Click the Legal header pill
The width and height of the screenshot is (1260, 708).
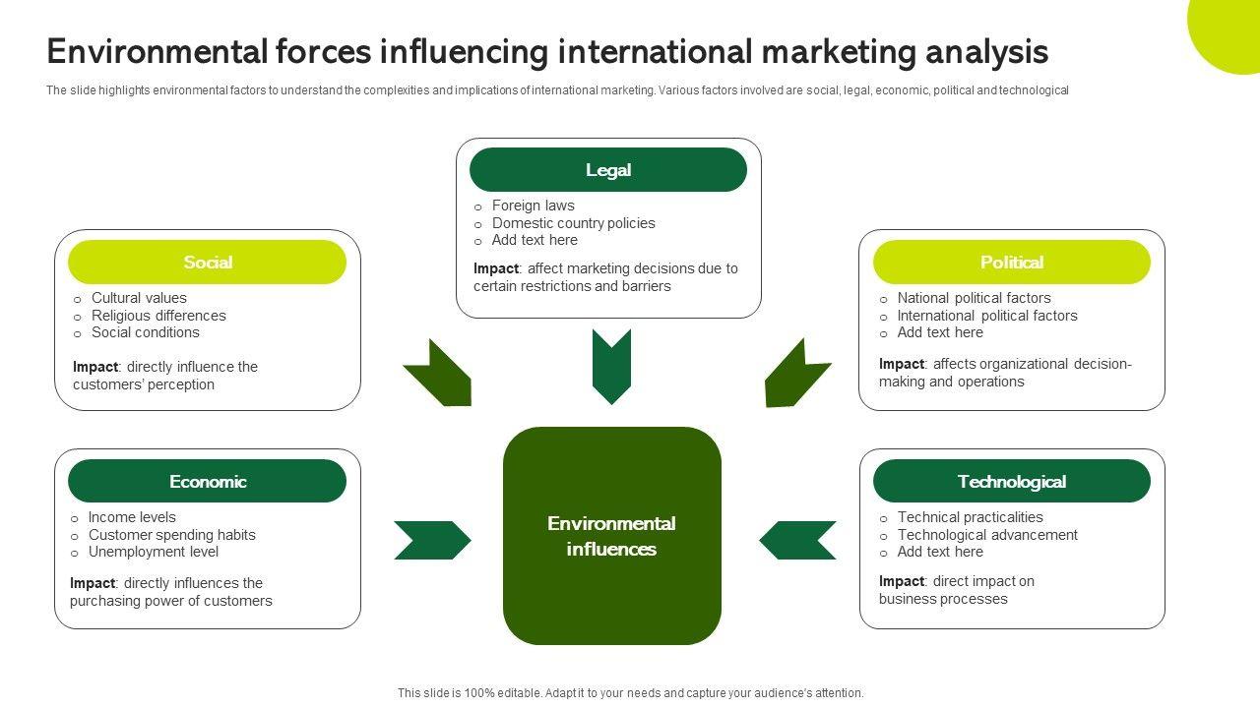608,170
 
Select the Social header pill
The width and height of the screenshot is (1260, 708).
207,263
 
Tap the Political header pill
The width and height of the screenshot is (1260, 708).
1011,263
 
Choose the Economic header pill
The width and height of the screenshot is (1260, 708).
207,482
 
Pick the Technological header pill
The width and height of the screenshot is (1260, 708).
1011,482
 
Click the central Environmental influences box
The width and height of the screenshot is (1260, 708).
611,536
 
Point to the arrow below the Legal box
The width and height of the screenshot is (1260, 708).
611,366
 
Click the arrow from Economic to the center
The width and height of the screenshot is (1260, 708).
432,540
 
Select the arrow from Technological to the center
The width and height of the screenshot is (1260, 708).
797,540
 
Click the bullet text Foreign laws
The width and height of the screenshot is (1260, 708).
533,206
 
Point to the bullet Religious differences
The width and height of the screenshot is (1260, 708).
158,316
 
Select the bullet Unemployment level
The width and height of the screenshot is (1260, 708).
153,552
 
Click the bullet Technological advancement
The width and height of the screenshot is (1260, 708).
987,535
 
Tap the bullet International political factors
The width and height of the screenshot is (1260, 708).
987,316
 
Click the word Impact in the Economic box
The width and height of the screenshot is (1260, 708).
92,583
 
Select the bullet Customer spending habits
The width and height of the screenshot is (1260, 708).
171,535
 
